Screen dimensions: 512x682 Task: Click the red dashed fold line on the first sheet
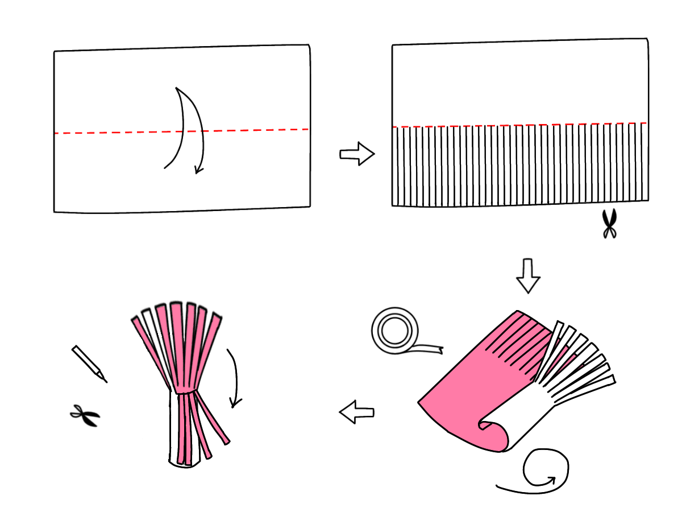114,133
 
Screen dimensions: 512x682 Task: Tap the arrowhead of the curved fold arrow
197,170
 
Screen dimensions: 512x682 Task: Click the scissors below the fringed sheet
609,224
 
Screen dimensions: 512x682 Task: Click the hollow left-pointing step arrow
357,412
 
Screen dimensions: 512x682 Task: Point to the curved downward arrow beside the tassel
234,378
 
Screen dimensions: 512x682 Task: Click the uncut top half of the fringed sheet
520,82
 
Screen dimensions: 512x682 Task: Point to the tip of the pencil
105,380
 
